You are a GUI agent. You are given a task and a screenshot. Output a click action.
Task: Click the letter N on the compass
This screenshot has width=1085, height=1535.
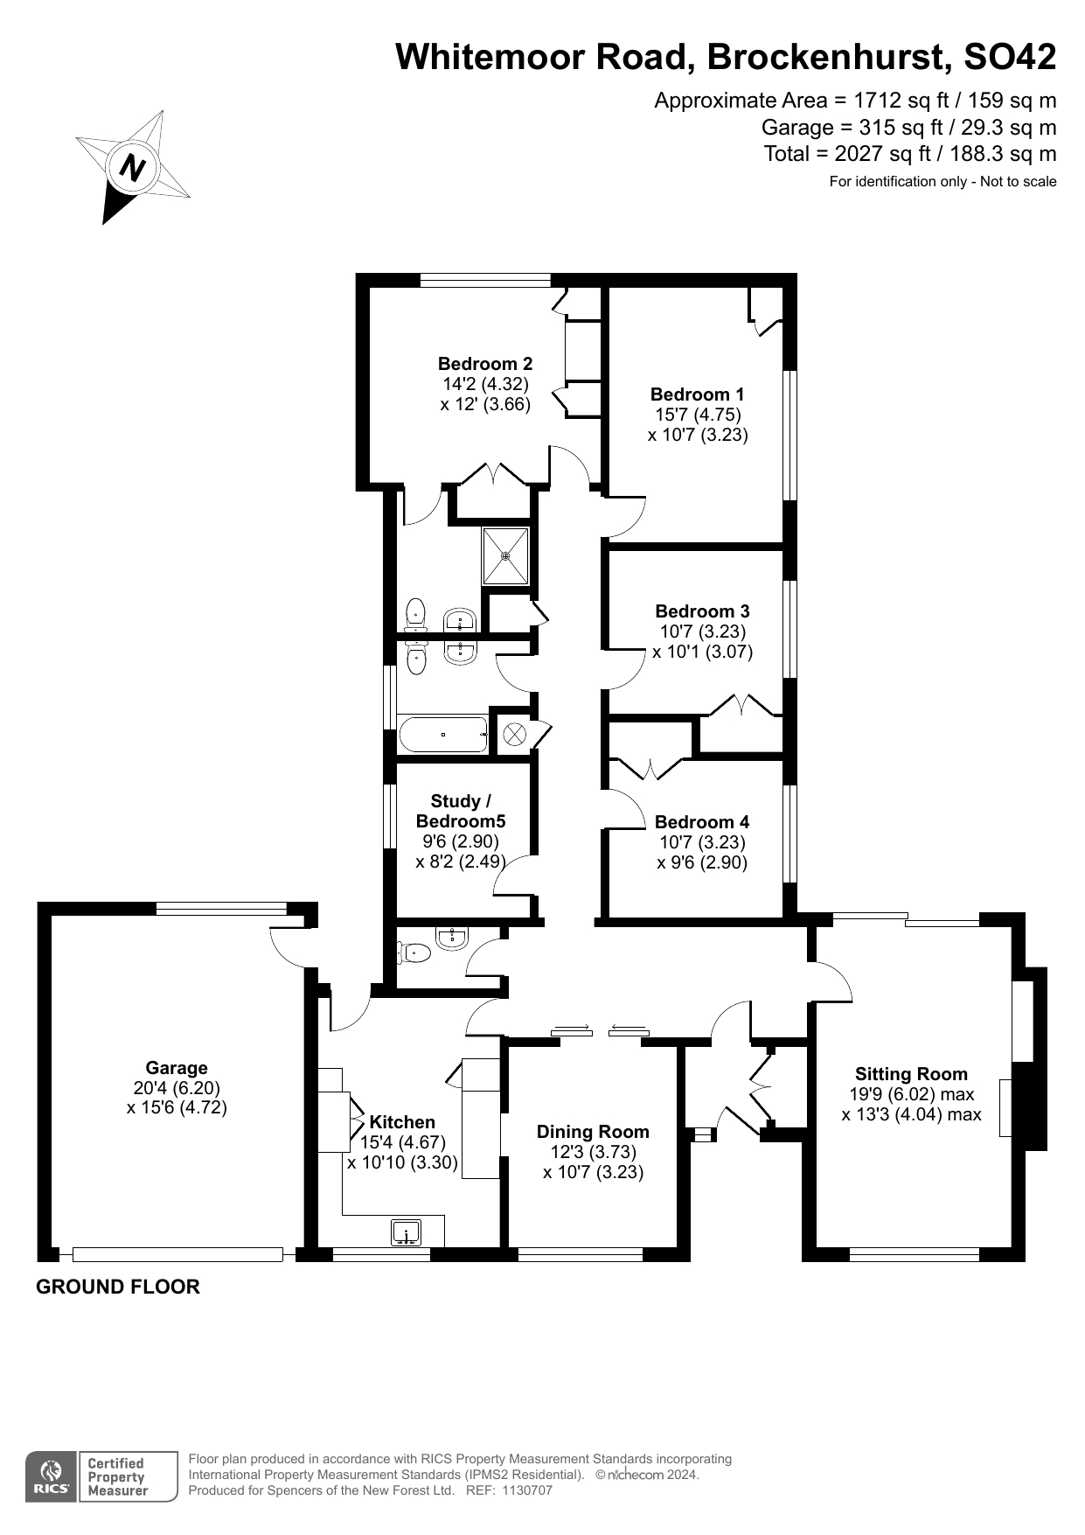(x=133, y=166)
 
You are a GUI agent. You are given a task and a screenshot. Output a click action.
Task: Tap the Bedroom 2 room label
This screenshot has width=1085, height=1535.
(x=485, y=364)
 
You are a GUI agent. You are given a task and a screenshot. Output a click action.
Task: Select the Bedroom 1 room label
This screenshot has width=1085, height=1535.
(x=697, y=394)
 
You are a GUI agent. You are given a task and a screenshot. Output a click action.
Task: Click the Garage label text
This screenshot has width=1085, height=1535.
(x=177, y=1068)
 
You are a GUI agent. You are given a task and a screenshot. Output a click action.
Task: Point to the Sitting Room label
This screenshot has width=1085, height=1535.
(x=911, y=1074)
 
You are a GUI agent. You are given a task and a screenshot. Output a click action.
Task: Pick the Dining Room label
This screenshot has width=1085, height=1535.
(x=593, y=1132)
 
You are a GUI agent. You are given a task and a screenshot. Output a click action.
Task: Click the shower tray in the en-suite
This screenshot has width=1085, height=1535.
(x=505, y=555)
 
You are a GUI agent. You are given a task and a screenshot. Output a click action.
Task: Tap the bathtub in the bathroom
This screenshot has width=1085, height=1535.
(x=443, y=735)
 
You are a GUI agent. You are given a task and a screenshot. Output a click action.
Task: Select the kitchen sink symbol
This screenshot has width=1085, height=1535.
(x=406, y=1232)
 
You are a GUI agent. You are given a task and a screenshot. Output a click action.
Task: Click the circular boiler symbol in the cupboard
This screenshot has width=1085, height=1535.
(x=514, y=734)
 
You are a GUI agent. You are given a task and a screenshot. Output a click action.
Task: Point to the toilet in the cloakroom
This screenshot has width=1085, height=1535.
(x=414, y=952)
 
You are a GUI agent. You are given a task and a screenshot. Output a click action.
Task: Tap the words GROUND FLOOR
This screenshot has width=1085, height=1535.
(x=118, y=1287)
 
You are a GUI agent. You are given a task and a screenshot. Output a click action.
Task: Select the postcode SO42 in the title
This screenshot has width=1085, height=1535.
(x=1009, y=57)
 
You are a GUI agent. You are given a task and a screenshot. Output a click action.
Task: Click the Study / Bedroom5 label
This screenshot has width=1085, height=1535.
(x=461, y=811)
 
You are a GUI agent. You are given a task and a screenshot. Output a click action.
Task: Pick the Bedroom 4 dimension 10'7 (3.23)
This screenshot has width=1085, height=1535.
(x=702, y=842)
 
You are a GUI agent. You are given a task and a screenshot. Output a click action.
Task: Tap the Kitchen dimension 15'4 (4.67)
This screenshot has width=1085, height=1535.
(x=403, y=1142)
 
